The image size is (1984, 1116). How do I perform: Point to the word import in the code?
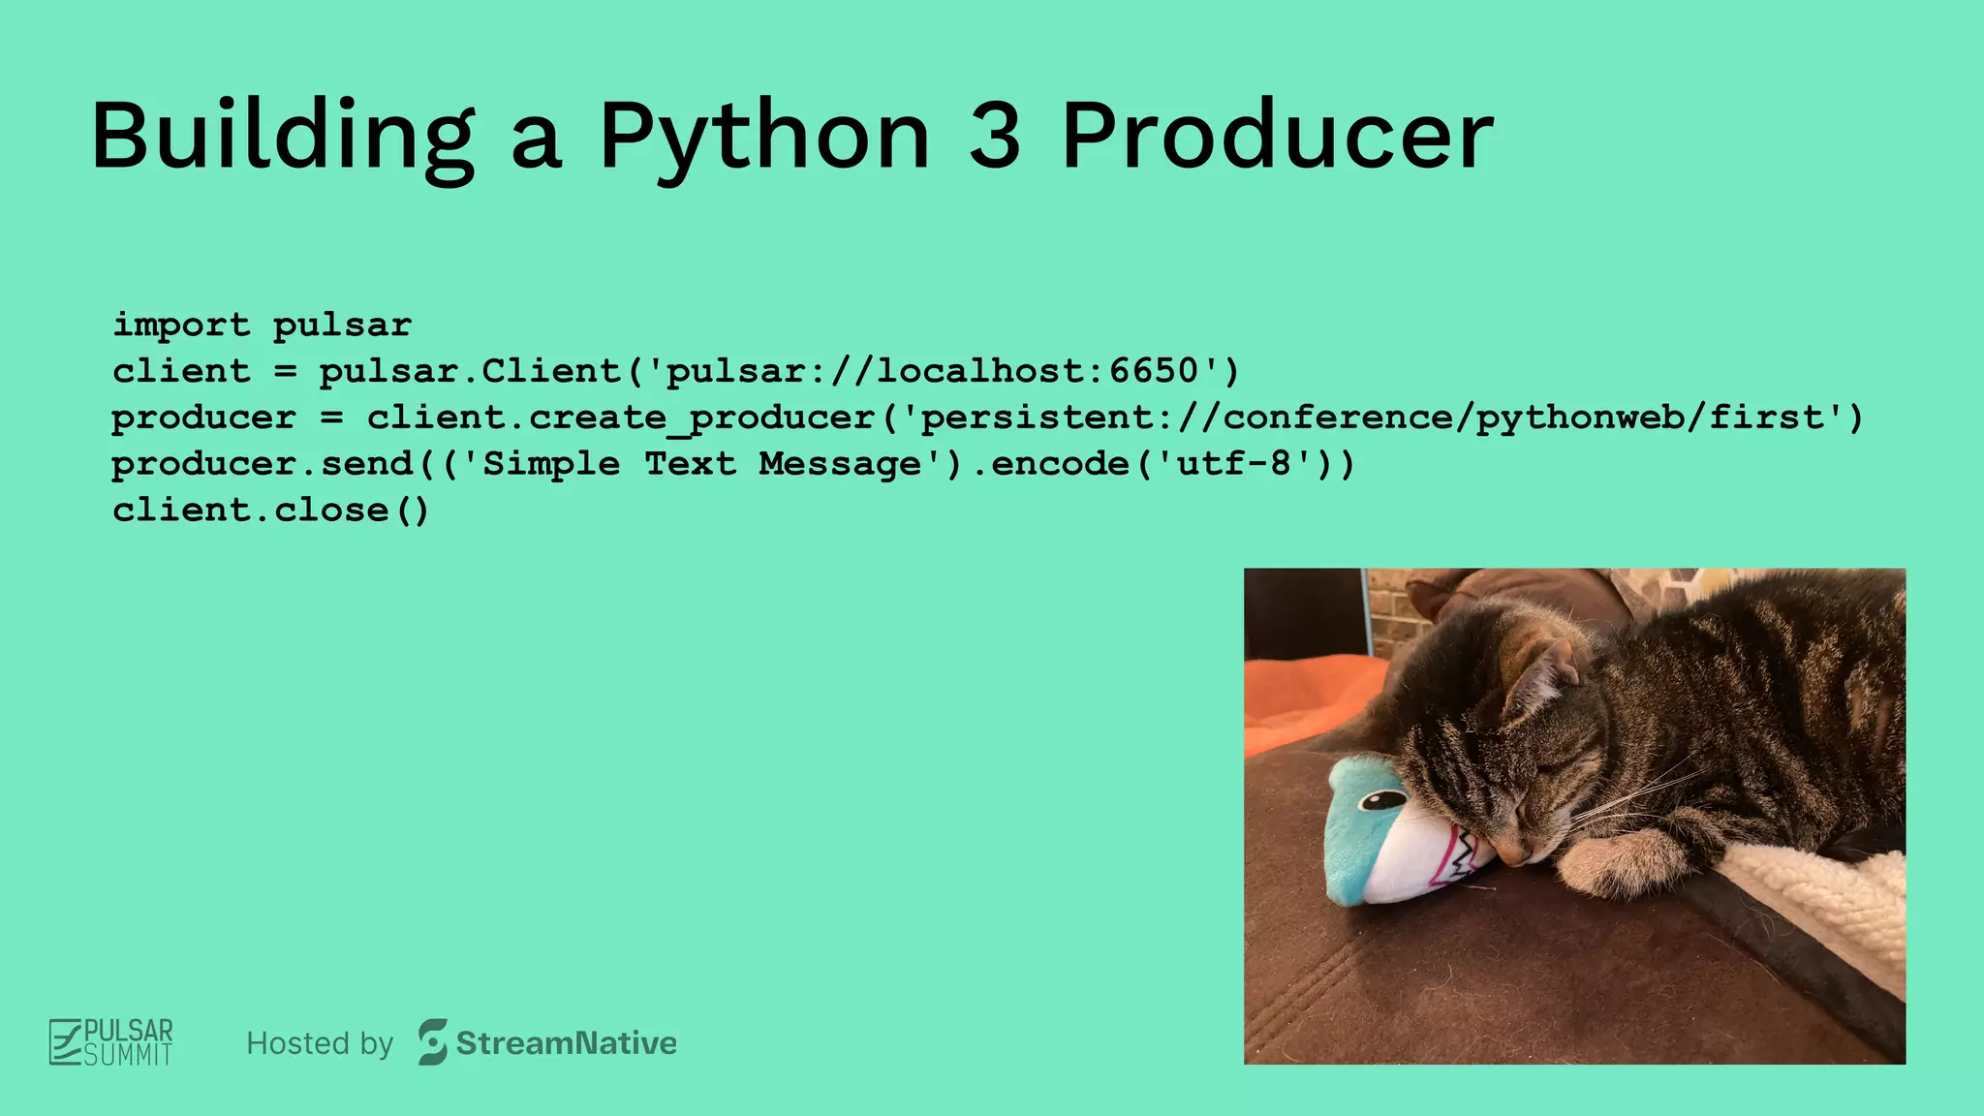click(x=181, y=325)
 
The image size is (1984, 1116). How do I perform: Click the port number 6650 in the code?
click(x=1155, y=371)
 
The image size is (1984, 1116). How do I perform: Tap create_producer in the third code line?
click(x=702, y=418)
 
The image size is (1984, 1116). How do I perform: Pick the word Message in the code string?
click(x=840, y=464)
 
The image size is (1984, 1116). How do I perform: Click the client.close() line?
click(x=270, y=511)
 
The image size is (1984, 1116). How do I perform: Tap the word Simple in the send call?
click(x=552, y=464)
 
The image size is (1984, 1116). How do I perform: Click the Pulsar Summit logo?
click(x=111, y=1042)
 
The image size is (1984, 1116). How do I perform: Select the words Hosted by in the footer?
click(x=320, y=1043)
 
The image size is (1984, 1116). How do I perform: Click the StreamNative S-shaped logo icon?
click(x=433, y=1042)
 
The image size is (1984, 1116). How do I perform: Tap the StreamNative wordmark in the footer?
click(x=566, y=1043)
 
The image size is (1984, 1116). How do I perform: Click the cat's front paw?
click(x=1608, y=862)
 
